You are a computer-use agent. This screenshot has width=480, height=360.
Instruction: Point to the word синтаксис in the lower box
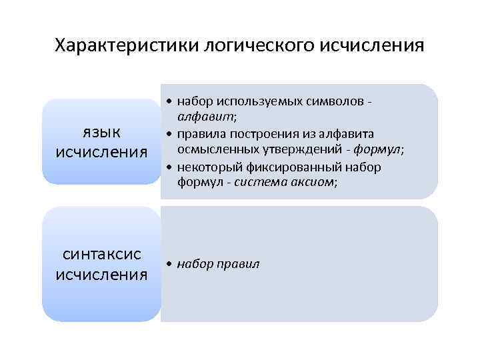[101, 254]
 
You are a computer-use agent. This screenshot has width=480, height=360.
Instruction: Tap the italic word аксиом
[307, 183]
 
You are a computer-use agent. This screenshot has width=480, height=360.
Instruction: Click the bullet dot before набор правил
[171, 265]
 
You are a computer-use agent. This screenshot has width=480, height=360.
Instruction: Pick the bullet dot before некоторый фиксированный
[171, 167]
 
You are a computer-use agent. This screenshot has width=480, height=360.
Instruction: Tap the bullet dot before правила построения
[171, 134]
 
